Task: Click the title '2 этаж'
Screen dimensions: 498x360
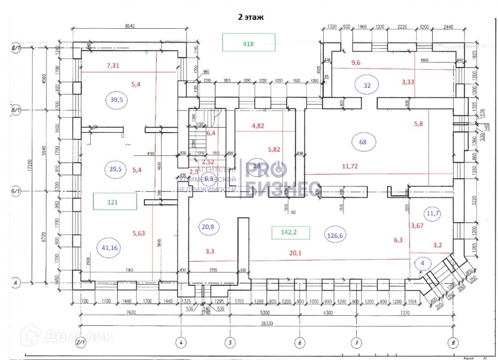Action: (x=251, y=17)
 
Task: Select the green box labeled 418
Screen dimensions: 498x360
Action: (x=248, y=43)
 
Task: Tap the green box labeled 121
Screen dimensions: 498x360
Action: (x=114, y=202)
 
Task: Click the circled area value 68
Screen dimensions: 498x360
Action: (x=363, y=142)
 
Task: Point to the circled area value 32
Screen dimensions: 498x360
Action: (x=367, y=85)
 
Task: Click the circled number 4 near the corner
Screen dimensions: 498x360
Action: (x=423, y=263)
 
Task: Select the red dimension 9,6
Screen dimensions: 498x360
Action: (x=356, y=62)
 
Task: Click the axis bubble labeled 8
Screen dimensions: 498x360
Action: (x=453, y=343)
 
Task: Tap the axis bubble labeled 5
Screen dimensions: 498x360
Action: (x=229, y=343)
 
